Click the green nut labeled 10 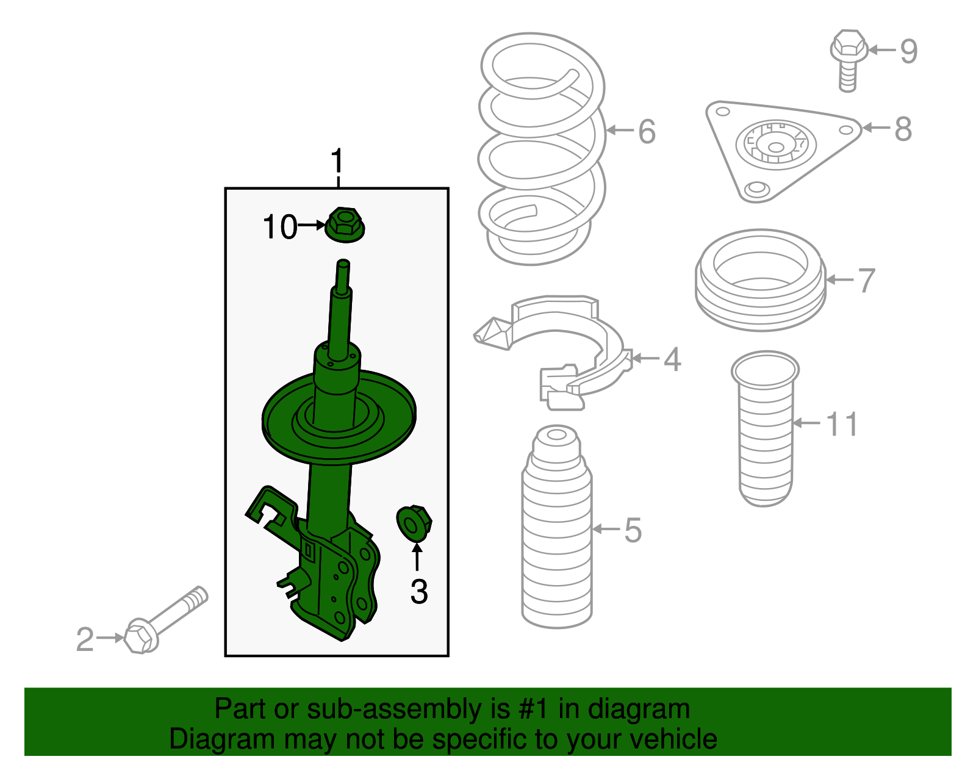click(345, 225)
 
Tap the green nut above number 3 click(414, 523)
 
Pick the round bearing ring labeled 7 click(761, 281)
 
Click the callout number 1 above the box click(337, 162)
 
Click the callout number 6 click(647, 131)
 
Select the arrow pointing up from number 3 click(417, 556)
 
